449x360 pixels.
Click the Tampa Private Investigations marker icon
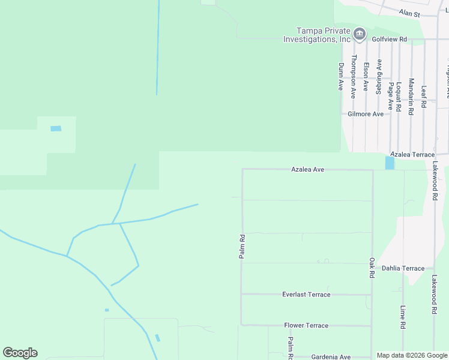(360, 34)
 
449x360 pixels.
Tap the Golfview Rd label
(389, 39)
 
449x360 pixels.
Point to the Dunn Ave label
(340, 77)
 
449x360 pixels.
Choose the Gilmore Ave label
(366, 114)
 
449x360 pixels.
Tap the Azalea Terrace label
(412, 155)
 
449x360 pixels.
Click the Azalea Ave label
(308, 170)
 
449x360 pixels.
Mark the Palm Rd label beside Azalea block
(243, 247)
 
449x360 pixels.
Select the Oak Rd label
(372, 268)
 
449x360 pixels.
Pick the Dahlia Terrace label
(403, 268)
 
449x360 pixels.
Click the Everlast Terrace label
(306, 295)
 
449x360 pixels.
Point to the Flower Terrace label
(306, 325)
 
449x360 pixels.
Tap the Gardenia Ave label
(331, 357)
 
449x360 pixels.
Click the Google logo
(20, 353)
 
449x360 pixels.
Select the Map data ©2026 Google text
(412, 355)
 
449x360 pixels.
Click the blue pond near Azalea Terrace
(390, 163)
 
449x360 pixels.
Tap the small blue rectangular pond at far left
(56, 128)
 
